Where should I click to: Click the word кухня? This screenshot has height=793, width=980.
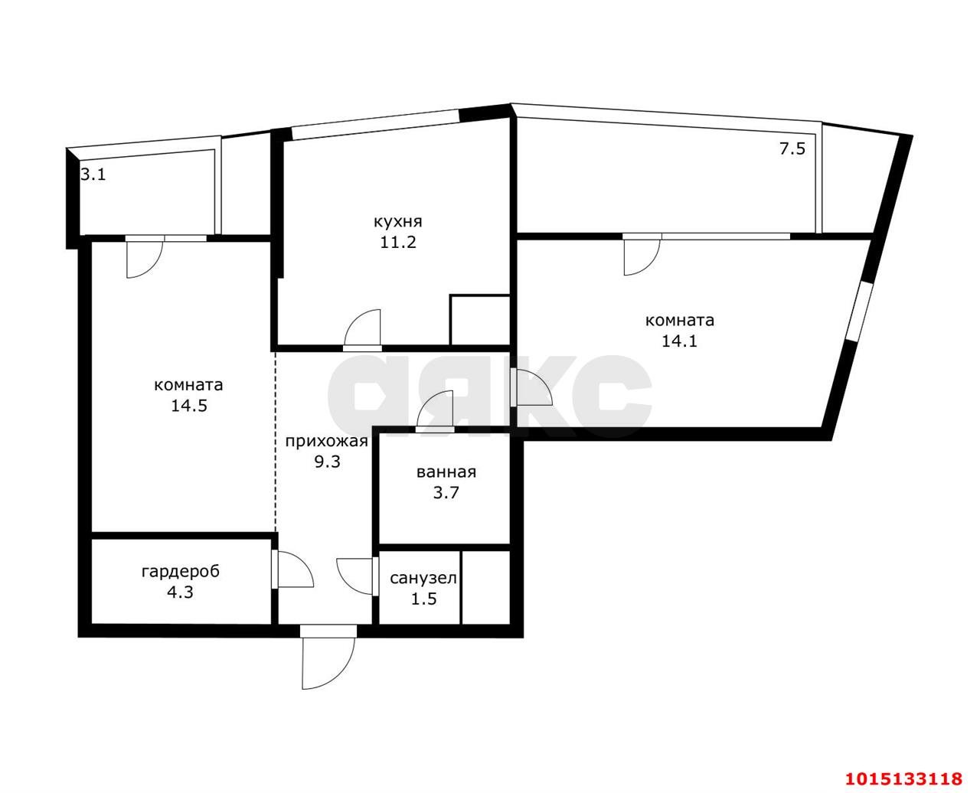[397, 222]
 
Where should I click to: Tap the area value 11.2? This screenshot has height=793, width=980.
[397, 242]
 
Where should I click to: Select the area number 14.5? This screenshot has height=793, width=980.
[189, 405]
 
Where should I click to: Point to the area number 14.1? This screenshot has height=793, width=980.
[679, 341]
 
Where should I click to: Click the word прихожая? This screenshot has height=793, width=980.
[326, 442]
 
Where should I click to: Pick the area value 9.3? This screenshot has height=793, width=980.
[327, 462]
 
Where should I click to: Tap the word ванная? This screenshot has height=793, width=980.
[446, 472]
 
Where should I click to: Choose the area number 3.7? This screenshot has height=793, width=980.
[446, 493]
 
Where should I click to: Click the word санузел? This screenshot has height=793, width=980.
[423, 578]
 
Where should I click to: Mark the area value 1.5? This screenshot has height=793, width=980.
[423, 599]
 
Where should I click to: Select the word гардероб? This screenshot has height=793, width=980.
[181, 571]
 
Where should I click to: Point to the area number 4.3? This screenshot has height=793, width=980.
[180, 592]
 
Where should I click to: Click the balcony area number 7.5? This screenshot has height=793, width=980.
[792, 148]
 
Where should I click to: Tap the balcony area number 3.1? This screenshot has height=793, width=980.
[93, 175]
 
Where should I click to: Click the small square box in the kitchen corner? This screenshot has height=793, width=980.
[479, 320]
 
